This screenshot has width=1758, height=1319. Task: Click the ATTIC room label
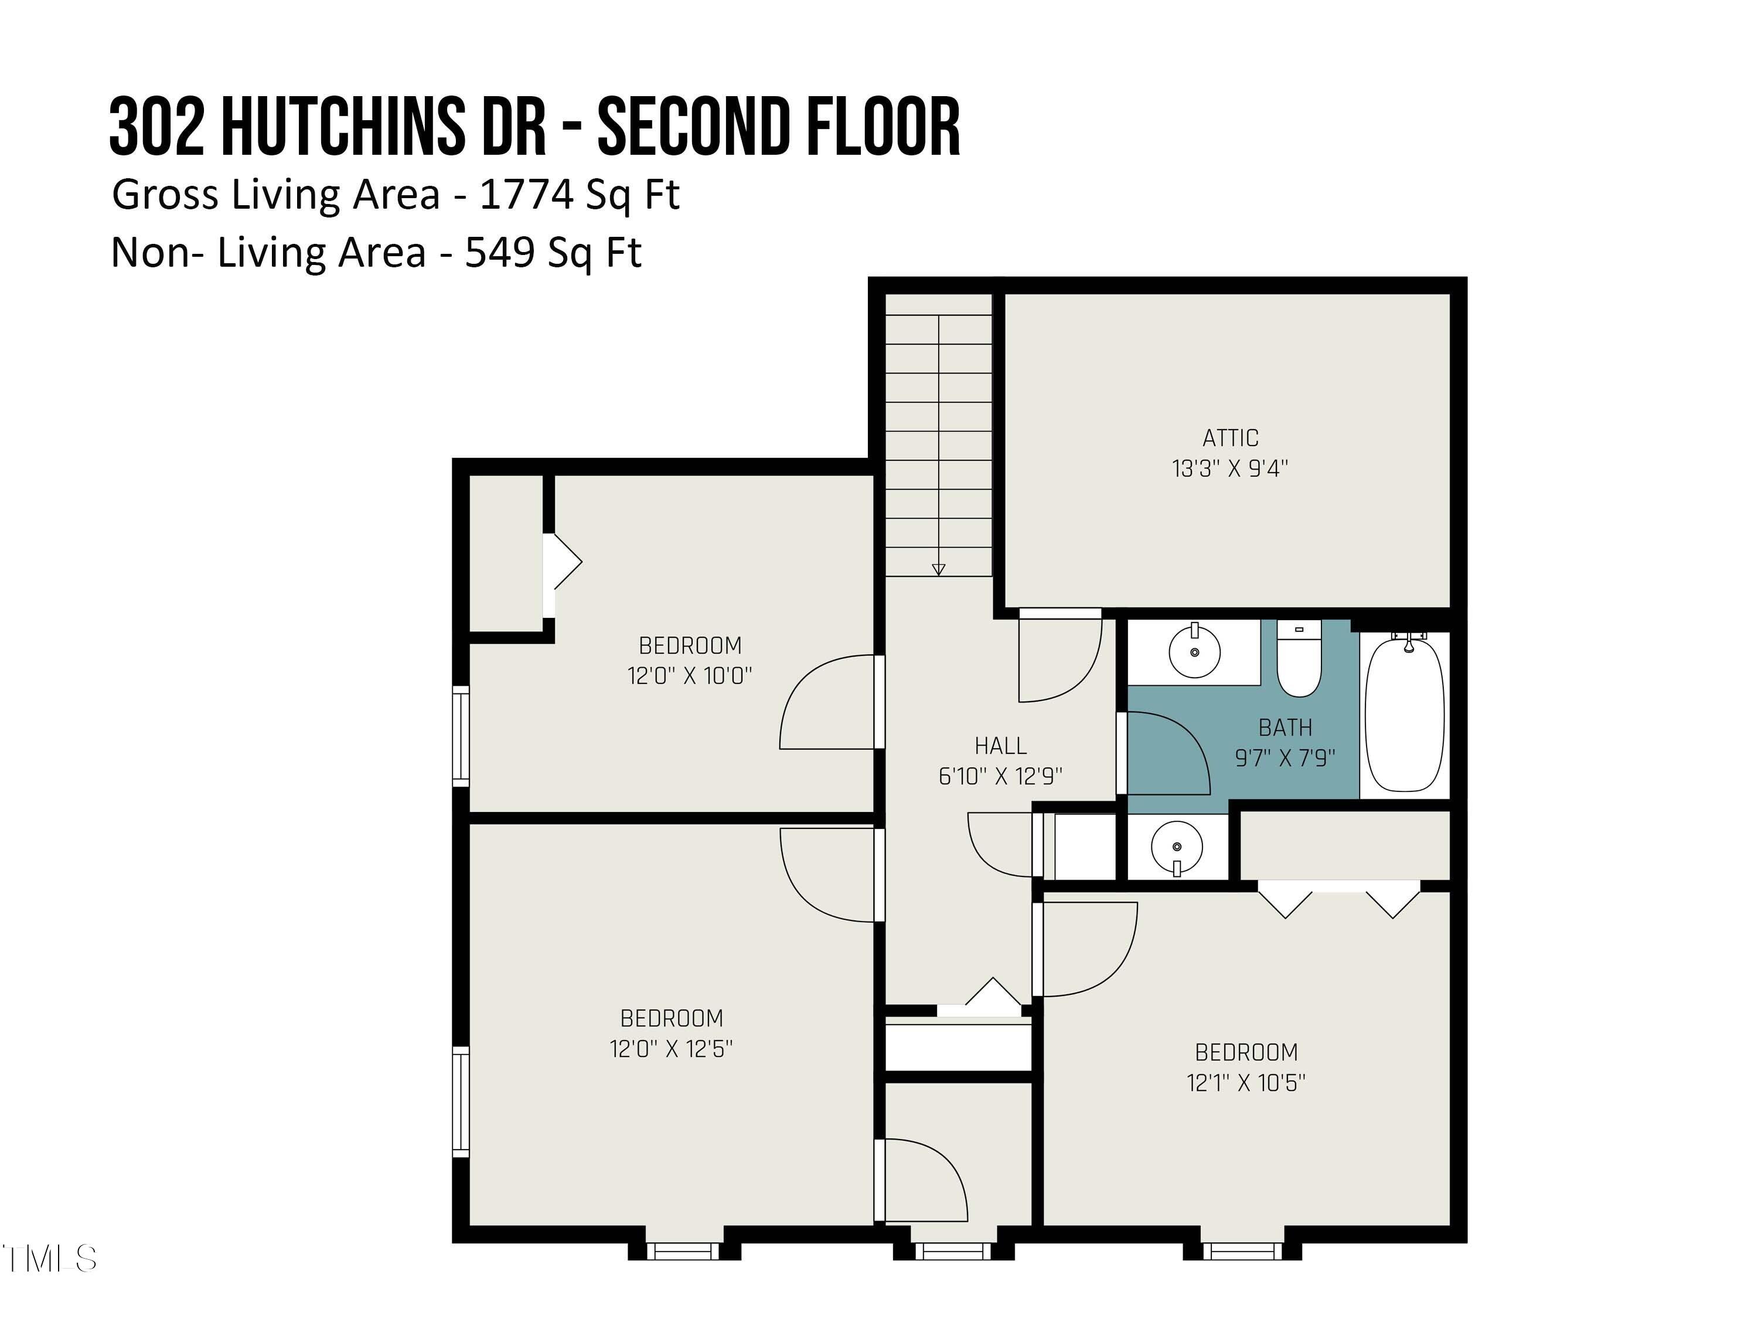tap(1229, 438)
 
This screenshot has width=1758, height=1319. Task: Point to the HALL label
tap(1001, 746)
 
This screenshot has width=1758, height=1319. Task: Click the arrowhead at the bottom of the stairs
tap(939, 569)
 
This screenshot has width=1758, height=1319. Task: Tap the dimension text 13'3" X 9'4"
tap(1229, 468)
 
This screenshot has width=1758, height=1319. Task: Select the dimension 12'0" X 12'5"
tap(671, 1049)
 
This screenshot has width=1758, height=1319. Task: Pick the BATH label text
tap(1285, 728)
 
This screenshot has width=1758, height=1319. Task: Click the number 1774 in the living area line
tap(527, 195)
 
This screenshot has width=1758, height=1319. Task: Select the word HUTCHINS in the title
tap(343, 127)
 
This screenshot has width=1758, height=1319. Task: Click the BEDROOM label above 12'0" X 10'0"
tap(690, 645)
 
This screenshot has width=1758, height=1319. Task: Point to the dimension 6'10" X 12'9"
tap(1001, 776)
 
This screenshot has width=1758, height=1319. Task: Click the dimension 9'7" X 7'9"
tap(1285, 757)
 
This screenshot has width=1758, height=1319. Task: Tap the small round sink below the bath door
tap(1177, 848)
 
